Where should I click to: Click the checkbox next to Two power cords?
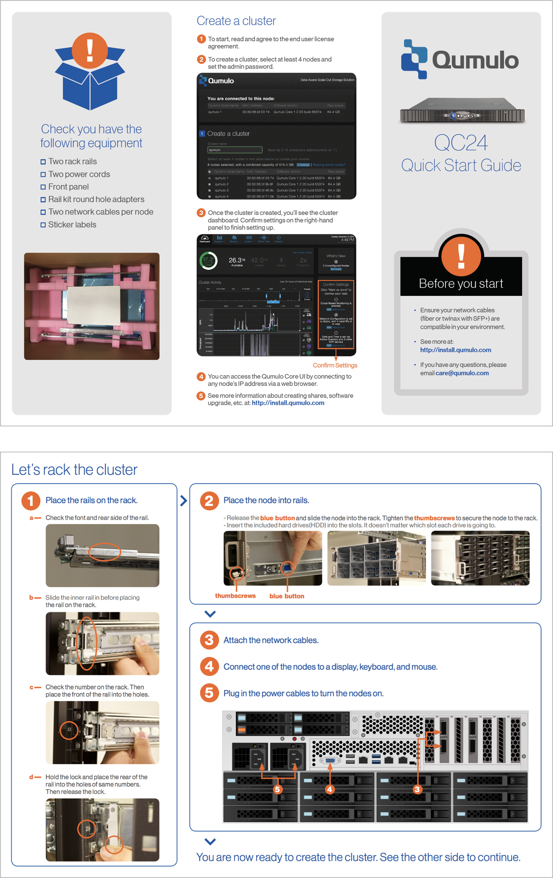pos(43,174)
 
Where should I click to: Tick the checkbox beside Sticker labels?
pos(43,225)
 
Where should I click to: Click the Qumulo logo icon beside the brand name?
pos(414,59)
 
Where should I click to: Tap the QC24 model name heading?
pos(460,143)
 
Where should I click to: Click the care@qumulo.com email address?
pos(462,373)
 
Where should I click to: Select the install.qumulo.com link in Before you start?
pos(456,350)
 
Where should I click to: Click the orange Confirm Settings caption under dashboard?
pos(335,365)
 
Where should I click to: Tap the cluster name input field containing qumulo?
pos(234,150)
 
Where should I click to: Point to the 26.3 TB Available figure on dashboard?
pos(237,261)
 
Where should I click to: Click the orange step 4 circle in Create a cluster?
pos(201,377)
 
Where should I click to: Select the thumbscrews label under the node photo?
pos(235,596)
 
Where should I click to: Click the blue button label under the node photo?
pos(287,596)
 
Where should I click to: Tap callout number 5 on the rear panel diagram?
pos(278,790)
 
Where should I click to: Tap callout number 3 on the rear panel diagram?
pos(417,790)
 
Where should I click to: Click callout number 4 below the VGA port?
pos(330,790)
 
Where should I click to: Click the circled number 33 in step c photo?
pos(69,729)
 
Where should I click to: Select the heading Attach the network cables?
pos(271,640)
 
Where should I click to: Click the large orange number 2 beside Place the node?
pos(209,500)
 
